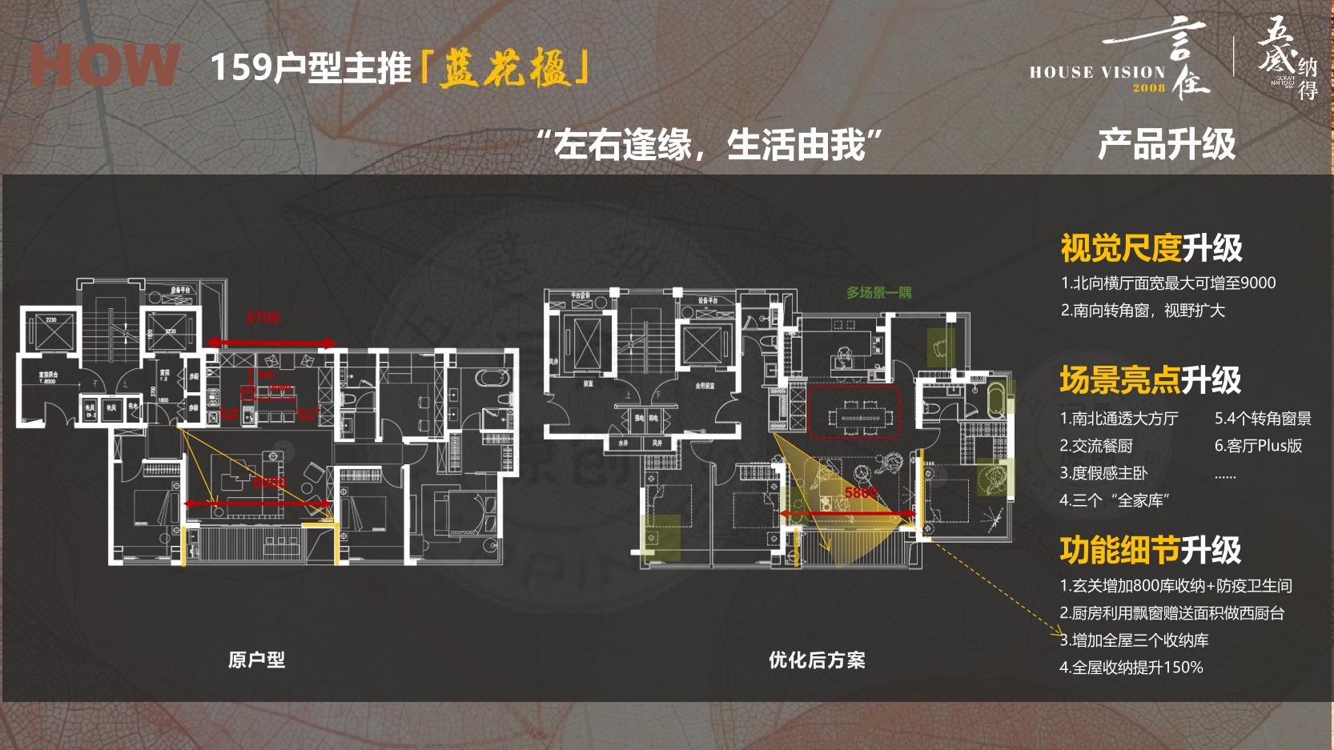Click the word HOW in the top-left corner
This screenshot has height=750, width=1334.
point(104,66)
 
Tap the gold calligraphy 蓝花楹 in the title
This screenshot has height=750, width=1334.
point(506,68)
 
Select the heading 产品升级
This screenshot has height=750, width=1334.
point(1166,145)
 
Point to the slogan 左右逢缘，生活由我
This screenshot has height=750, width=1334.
point(709,146)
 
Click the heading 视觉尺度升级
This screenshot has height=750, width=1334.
point(1151,248)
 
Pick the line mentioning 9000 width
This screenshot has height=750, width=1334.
point(1167,283)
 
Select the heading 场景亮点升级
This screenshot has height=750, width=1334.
point(1150,380)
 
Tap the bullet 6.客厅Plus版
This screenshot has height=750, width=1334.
point(1258,446)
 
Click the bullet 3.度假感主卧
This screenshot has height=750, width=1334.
point(1103,473)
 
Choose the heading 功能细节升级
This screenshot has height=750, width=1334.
point(1150,551)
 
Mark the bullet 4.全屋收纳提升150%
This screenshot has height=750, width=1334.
point(1131,668)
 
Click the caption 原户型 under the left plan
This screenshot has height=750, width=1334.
point(256,660)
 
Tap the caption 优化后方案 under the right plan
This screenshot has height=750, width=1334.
point(817,660)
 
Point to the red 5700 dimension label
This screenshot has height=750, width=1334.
point(263,318)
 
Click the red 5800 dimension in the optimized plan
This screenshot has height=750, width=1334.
point(861,493)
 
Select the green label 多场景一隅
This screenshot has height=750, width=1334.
point(879,293)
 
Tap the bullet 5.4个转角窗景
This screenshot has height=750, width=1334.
point(1263,419)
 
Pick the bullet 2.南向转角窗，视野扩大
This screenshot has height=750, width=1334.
point(1143,311)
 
